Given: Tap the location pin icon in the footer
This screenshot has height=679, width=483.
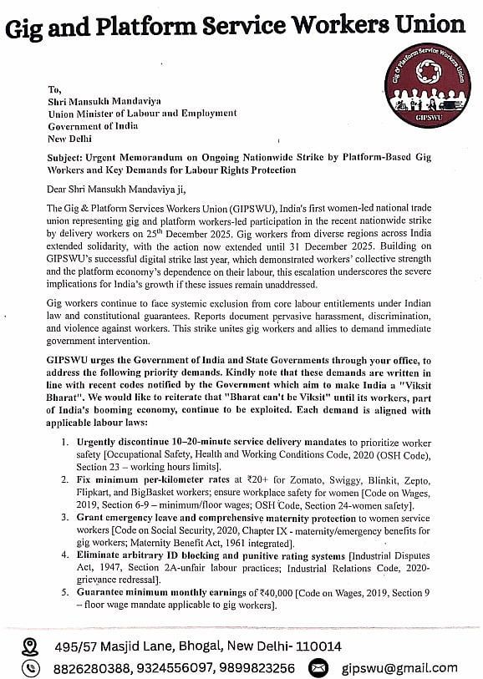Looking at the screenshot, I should [30, 646].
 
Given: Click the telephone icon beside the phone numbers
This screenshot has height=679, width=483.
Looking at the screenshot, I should [30, 667].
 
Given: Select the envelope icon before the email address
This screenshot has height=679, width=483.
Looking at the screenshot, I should [318, 667].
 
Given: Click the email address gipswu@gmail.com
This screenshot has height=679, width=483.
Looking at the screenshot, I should [399, 667].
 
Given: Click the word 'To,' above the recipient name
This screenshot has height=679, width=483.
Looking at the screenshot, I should [55, 89].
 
